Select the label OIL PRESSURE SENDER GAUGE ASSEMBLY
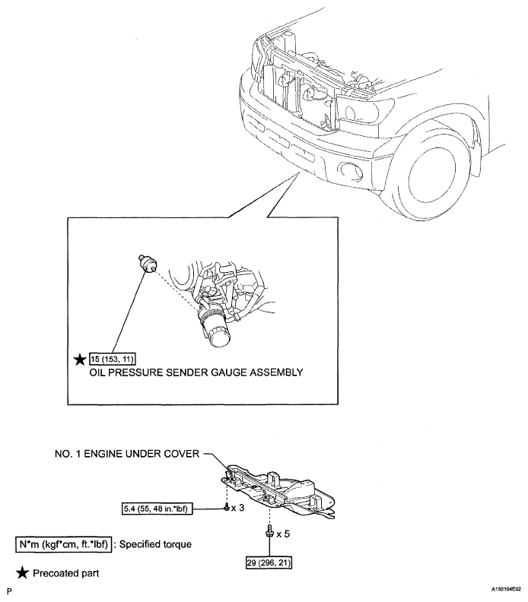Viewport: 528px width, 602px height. [196, 372]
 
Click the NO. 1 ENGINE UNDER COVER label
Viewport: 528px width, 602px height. [127, 454]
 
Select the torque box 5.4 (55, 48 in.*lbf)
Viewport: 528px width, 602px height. [157, 509]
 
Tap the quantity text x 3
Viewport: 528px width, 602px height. [237, 508]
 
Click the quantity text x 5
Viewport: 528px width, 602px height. [283, 534]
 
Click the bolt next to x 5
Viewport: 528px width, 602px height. [270, 531]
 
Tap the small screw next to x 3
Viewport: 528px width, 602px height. [227, 508]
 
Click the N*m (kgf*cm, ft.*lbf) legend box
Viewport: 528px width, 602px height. [64, 544]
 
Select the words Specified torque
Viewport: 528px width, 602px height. [155, 544]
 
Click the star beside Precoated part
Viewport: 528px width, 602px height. [23, 573]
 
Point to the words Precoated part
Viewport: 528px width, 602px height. [66, 573]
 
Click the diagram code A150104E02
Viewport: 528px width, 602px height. [506, 589]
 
